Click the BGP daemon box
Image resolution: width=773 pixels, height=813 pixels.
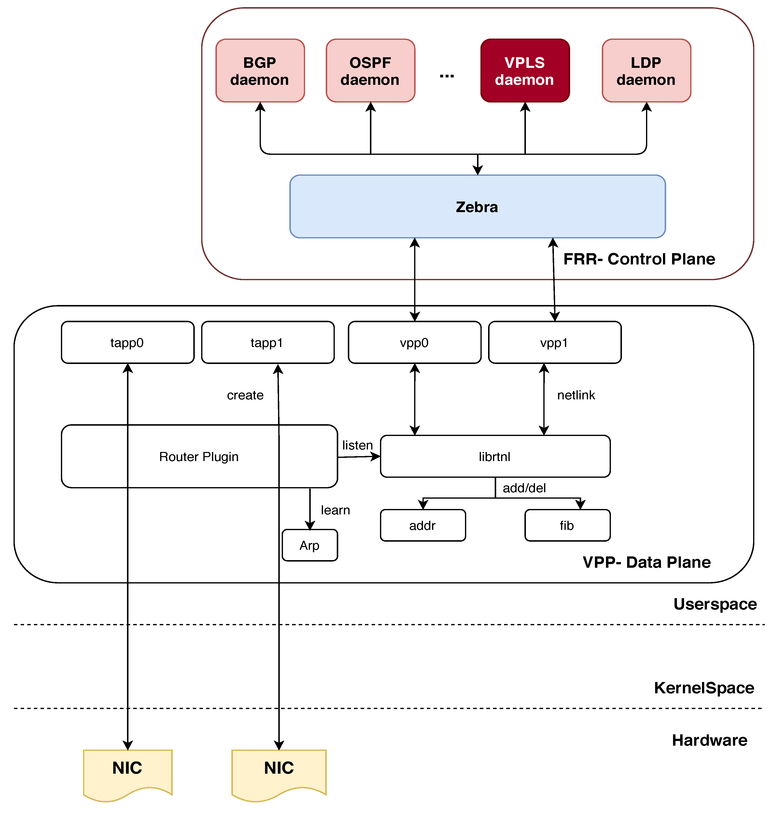point(260,71)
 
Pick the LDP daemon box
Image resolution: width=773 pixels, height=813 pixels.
point(646,71)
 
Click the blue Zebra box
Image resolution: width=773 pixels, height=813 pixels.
point(477,206)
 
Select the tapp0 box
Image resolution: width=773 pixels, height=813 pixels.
point(127,342)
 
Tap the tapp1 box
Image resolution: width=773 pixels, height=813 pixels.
point(267,342)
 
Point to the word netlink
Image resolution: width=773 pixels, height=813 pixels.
point(576,395)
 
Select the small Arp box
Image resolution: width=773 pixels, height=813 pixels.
point(309,545)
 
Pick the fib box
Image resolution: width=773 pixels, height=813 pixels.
point(567,525)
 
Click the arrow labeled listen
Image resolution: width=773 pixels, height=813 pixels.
point(358,457)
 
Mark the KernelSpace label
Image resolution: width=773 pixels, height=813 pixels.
point(704,688)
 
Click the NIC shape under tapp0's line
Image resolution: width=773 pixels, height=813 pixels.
point(127,771)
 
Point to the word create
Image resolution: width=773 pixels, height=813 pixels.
point(245,395)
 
